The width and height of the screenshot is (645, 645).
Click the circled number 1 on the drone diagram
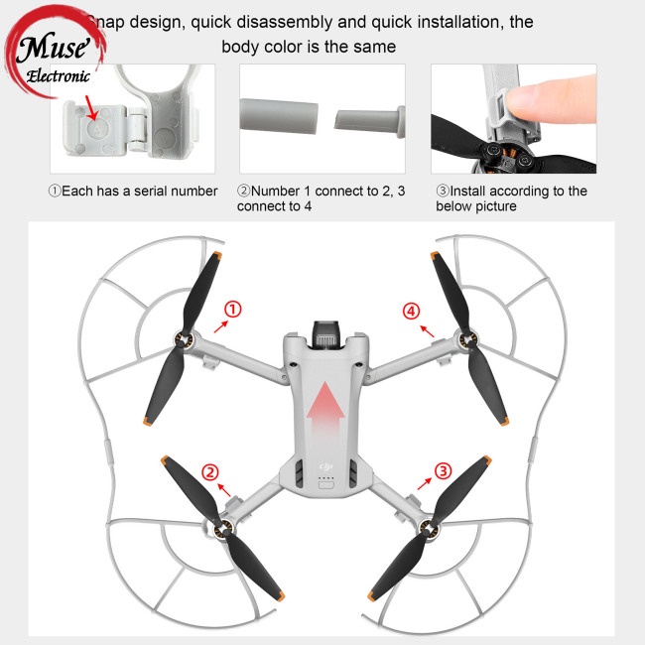pos(231,311)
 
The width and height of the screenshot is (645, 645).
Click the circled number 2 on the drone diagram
pos(209,471)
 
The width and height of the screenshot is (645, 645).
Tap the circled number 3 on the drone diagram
pos(444,469)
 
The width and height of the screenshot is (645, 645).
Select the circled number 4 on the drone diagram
pos(412,311)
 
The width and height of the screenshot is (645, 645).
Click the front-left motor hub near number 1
pos(184,342)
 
